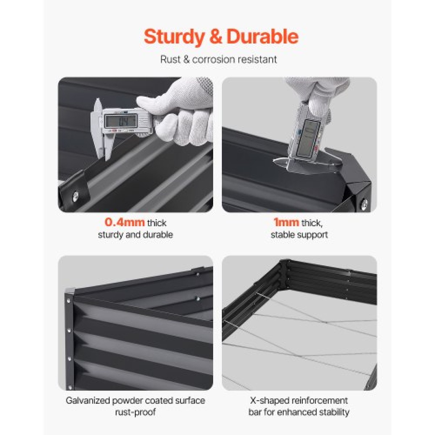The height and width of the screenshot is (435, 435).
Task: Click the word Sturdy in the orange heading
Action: (174, 37)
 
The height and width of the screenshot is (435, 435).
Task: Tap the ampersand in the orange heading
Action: (216, 37)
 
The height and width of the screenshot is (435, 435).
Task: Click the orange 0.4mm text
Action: (125, 223)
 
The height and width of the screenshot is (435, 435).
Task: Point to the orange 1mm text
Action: (286, 223)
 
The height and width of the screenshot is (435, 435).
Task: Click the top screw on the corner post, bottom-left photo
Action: (69, 301)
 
